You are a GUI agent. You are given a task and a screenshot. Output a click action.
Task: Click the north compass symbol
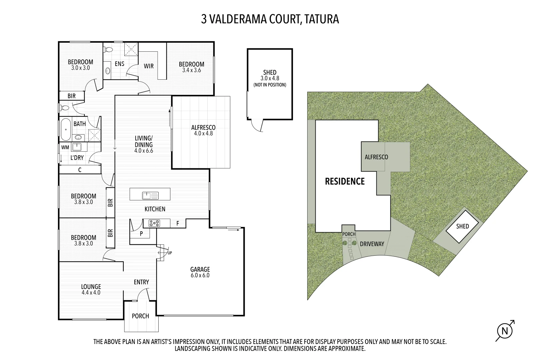[505, 331]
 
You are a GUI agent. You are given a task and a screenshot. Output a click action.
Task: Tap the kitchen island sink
[150, 195]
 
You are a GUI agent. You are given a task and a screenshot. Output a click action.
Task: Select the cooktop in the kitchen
[154, 223]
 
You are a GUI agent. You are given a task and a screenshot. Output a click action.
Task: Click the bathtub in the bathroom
[66, 130]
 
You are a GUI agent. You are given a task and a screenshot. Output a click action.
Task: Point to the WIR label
[149, 66]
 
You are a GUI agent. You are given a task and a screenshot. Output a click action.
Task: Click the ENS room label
[119, 64]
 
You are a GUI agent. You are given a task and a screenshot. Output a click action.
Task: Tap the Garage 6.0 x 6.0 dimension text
[200, 275]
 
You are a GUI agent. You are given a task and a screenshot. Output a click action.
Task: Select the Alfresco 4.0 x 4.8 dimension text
[203, 133]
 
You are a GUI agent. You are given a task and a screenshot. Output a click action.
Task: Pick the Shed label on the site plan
[462, 226]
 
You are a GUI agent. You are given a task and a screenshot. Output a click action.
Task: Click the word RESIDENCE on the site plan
[345, 181]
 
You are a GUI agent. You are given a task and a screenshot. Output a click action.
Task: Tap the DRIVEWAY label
[372, 244]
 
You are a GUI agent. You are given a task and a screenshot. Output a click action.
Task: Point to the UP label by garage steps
[170, 253]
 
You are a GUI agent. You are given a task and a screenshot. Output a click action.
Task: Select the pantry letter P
[141, 234]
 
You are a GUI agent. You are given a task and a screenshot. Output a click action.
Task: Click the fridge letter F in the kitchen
[178, 224]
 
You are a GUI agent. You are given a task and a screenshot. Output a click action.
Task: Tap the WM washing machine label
[65, 147]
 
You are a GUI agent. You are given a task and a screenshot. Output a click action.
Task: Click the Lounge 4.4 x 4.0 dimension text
[91, 293]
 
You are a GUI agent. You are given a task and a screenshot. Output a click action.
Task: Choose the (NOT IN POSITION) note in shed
[270, 85]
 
